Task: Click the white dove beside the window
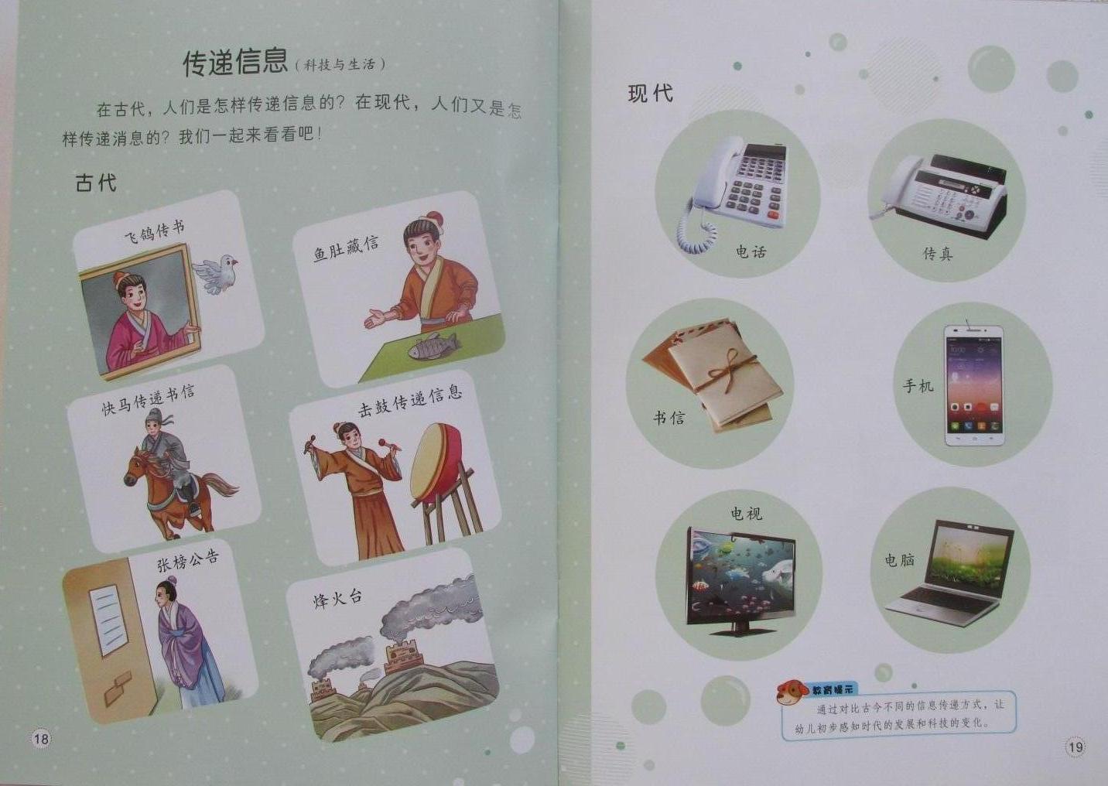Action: point(215,273)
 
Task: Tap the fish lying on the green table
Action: point(433,346)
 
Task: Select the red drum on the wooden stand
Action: point(436,463)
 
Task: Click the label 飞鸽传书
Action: point(155,231)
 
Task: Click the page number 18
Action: point(41,739)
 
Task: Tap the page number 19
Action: point(1076,746)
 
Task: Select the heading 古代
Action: point(96,182)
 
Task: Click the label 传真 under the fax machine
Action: point(937,254)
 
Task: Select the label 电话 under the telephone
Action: point(751,251)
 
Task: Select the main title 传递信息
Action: point(235,63)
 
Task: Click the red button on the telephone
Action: point(773,215)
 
